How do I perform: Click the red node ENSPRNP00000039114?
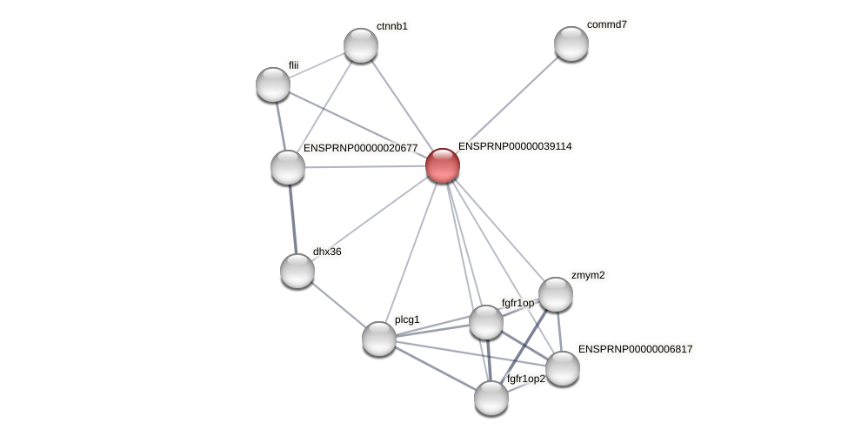443,165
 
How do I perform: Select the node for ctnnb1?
361,45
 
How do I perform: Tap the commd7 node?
571,44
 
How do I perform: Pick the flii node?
273,84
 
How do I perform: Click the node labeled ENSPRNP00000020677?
288,167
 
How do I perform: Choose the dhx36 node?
297,271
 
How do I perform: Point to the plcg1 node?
379,339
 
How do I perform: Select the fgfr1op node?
486,322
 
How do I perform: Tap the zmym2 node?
556,294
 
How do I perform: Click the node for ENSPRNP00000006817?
563,368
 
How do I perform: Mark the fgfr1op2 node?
491,398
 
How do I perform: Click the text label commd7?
606,24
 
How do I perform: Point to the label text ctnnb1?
391,26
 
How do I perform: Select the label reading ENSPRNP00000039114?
515,146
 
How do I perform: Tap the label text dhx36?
327,252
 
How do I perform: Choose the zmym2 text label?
588,275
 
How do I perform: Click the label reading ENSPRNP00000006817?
635,349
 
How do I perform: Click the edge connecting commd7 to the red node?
507,104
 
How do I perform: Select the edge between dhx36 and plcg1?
338,305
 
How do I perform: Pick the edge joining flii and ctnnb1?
317,65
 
